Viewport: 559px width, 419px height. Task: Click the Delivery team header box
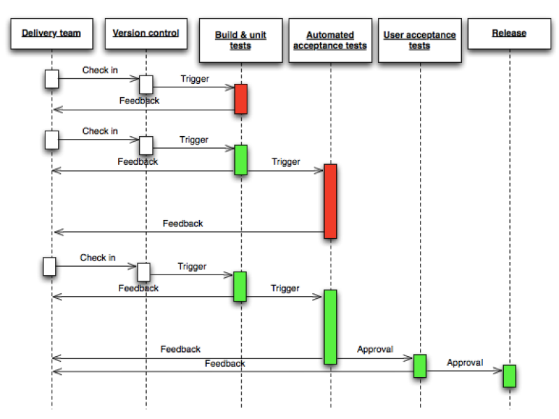click(51, 34)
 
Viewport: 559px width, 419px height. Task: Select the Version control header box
click(145, 34)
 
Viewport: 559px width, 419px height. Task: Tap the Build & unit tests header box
click(240, 40)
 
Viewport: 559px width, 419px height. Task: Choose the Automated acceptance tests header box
click(330, 40)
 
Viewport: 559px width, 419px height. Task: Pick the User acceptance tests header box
click(419, 40)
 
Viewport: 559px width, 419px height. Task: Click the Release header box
click(509, 34)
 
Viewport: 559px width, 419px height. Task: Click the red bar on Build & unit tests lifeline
click(240, 98)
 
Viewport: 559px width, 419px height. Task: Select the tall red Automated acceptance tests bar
click(331, 201)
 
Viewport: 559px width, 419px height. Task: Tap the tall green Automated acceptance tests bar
click(331, 326)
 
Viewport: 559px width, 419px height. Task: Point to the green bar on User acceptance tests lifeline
click(419, 366)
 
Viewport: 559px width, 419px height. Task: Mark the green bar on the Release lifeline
click(509, 376)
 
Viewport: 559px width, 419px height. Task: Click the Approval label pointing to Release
click(465, 362)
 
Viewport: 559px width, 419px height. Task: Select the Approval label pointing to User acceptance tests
click(375, 349)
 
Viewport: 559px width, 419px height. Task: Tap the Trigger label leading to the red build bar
click(194, 79)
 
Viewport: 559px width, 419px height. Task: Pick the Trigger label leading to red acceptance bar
click(286, 161)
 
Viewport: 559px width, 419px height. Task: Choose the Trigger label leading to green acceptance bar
click(285, 288)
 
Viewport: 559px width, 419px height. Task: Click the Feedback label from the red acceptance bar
click(183, 223)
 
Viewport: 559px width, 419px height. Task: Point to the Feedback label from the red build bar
click(139, 101)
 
